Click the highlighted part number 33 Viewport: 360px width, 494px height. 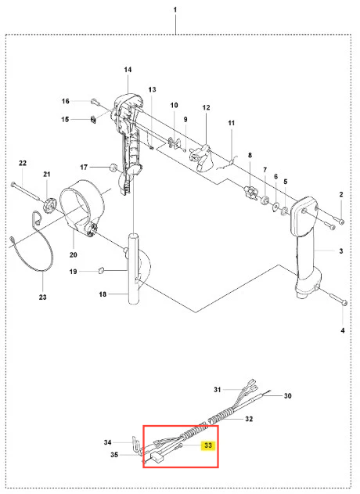click(x=208, y=445)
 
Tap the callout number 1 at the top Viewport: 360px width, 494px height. click(x=175, y=10)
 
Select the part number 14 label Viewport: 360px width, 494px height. click(x=128, y=70)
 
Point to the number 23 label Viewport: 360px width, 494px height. click(x=42, y=297)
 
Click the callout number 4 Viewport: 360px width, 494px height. click(x=342, y=330)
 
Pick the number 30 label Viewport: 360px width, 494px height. click(x=287, y=395)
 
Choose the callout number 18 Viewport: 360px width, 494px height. click(x=103, y=294)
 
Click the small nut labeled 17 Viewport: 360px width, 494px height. click(x=113, y=167)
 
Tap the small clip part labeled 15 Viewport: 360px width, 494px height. click(x=93, y=120)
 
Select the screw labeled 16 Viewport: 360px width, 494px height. click(x=95, y=102)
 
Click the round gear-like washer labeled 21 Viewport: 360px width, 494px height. click(x=49, y=205)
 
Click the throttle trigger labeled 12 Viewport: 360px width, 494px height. click(x=202, y=157)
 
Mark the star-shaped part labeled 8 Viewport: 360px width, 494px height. click(x=250, y=192)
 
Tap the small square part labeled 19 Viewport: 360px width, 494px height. click(x=101, y=270)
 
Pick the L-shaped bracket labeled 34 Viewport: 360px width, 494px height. click(x=136, y=445)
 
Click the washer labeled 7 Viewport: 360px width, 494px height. click(x=265, y=200)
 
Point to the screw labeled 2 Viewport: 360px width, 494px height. click(x=335, y=218)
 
